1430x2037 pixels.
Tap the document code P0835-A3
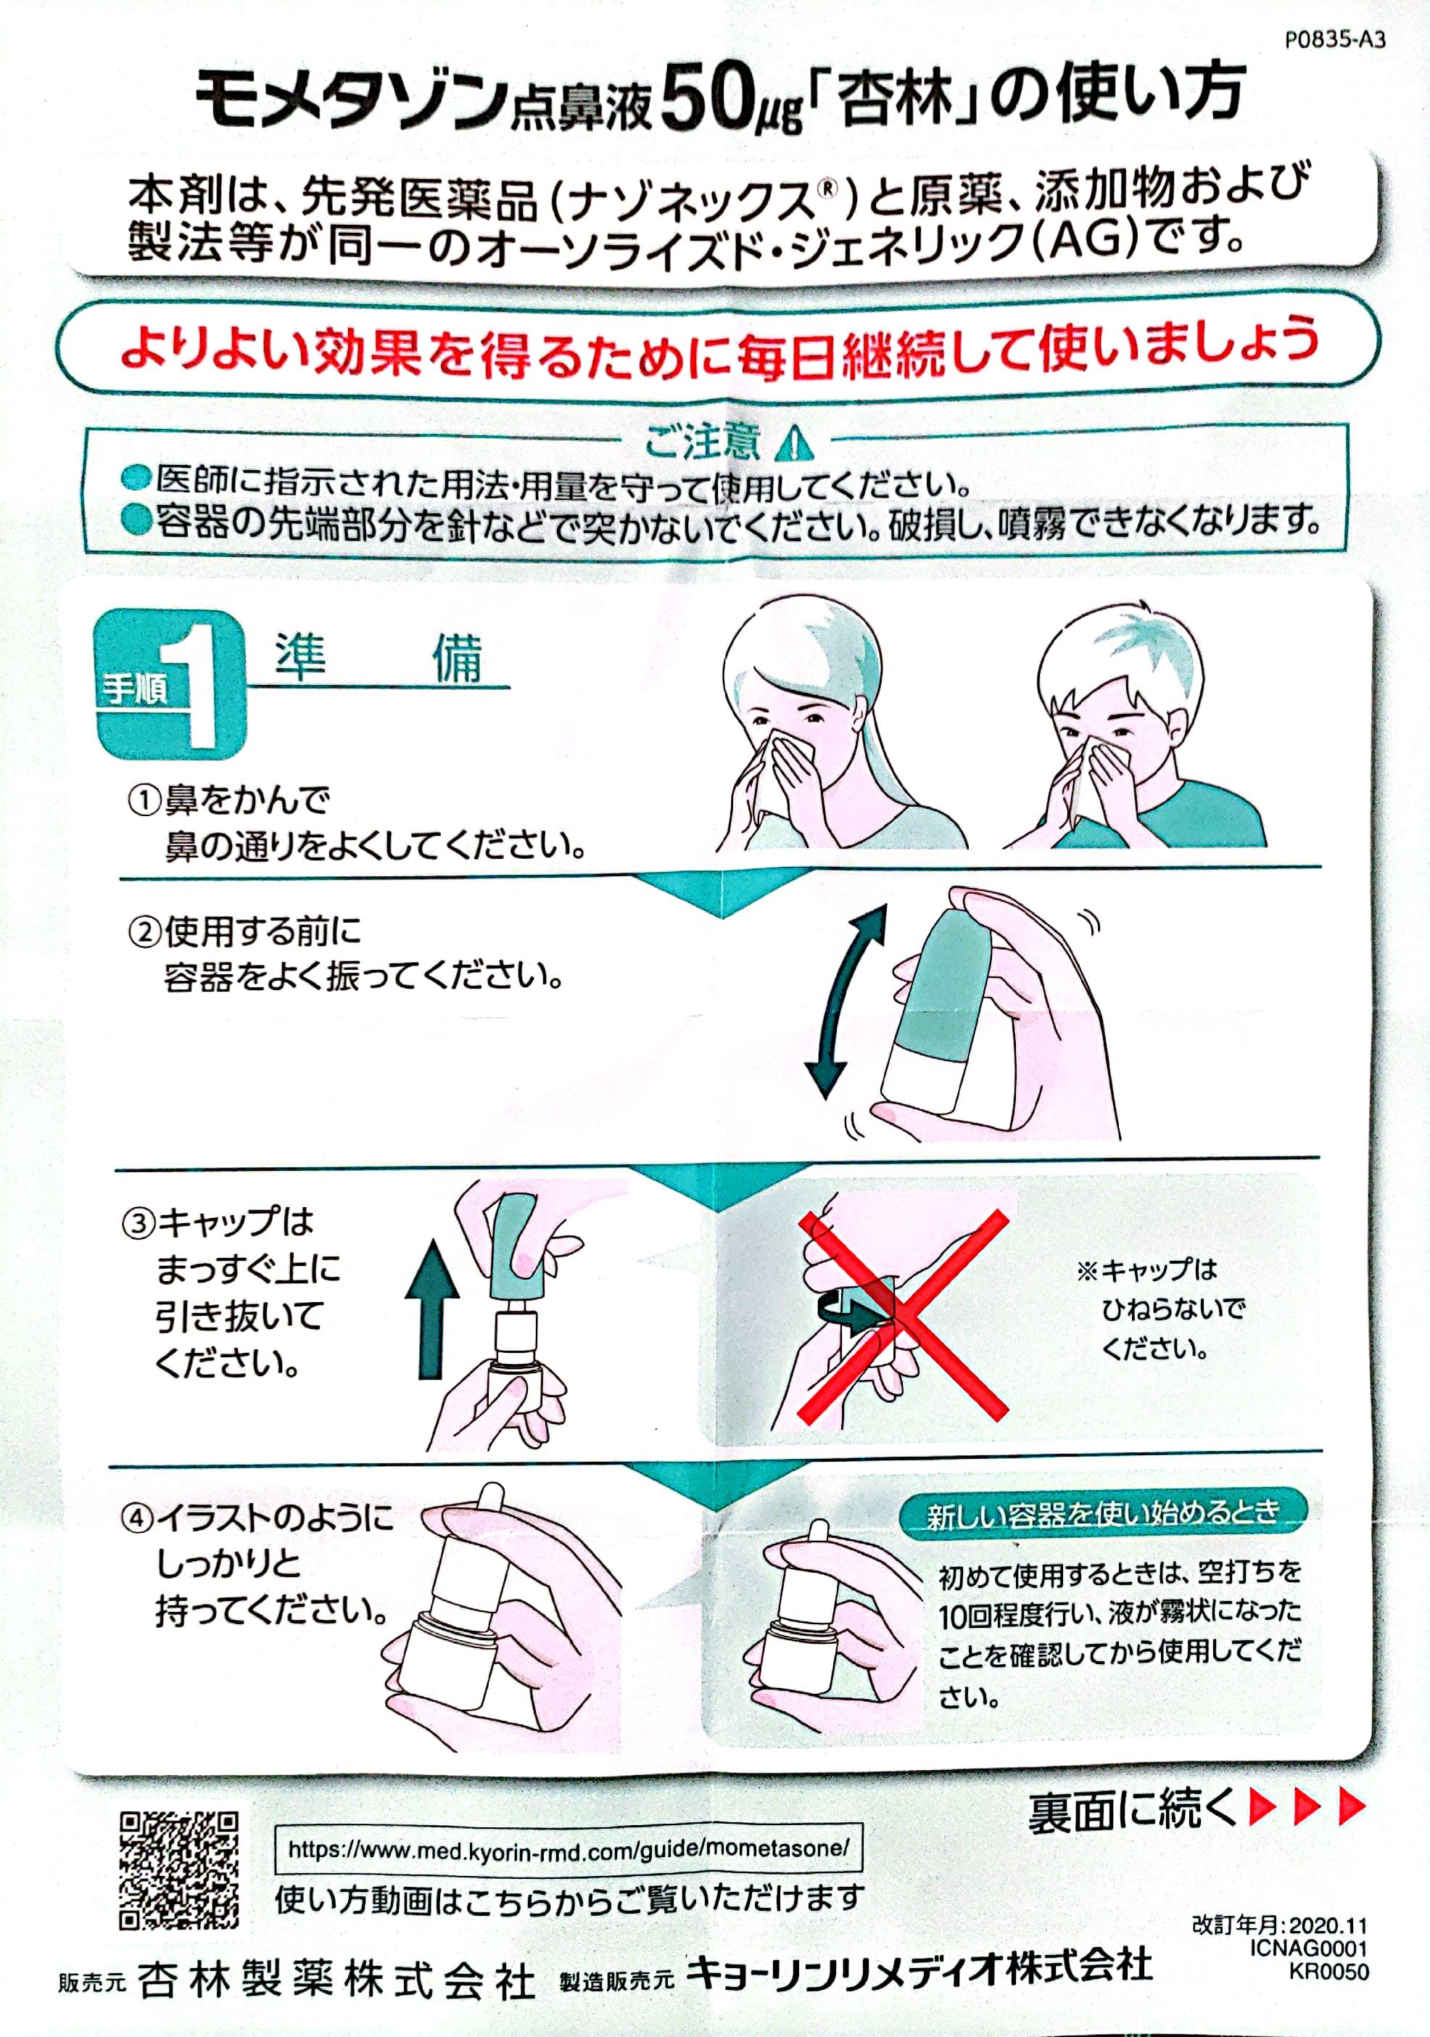(1334, 40)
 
